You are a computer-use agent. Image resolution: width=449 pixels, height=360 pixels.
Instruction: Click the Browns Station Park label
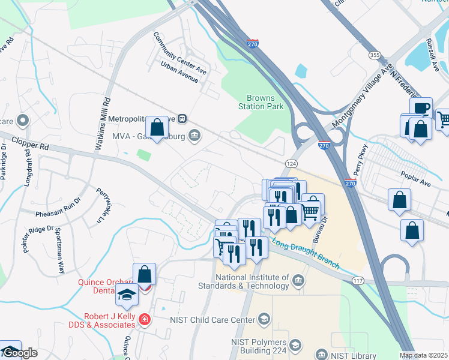[261, 102]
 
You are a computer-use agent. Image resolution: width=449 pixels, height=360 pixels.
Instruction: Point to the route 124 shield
[291, 164]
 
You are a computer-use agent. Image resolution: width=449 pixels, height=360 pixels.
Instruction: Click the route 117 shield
[358, 281]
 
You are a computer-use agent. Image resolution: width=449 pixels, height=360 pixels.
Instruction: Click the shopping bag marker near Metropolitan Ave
[157, 128]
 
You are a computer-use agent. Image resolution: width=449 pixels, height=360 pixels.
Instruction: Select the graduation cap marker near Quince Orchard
[127, 295]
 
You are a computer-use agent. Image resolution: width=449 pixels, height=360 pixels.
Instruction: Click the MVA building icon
[194, 134]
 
